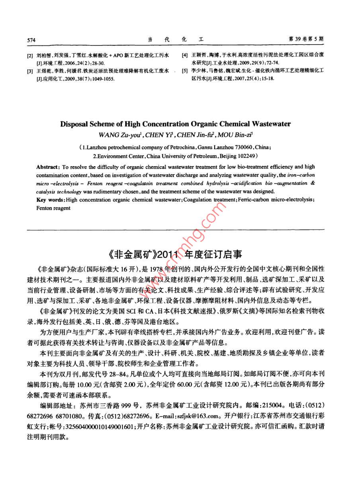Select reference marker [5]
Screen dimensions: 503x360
[184, 71]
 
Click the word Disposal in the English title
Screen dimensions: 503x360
[74, 124]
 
